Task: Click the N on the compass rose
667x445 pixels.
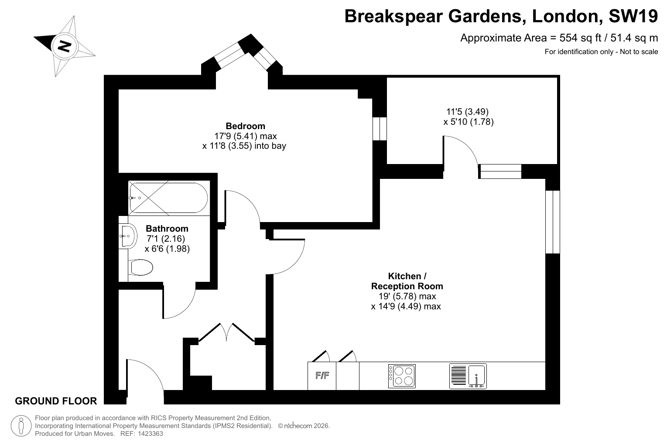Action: (64, 46)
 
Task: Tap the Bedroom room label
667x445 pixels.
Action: (245, 126)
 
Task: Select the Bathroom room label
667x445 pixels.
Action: (167, 229)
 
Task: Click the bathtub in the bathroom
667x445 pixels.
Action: (168, 198)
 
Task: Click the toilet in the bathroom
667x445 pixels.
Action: (140, 267)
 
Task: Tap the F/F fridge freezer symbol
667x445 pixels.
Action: (322, 376)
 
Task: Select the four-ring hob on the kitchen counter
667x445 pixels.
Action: (402, 376)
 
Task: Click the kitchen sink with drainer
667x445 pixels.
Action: (468, 376)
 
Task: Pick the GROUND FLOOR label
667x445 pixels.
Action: (56, 401)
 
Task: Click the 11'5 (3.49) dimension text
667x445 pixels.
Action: (468, 111)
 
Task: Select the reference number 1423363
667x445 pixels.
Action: (151, 434)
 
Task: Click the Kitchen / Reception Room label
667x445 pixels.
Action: (407, 281)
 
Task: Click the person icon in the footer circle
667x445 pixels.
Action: (21, 426)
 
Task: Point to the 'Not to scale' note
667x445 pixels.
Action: (639, 52)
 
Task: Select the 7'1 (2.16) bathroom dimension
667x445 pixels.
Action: (166, 239)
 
